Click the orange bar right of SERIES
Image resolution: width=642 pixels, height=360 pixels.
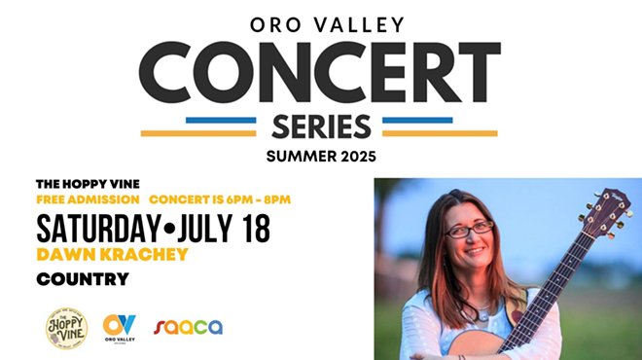click(x=440, y=132)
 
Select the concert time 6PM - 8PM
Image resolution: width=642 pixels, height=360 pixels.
click(x=258, y=199)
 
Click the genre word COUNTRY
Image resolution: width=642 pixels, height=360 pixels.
click(x=83, y=280)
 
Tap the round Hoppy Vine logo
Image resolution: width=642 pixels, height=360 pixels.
click(x=66, y=327)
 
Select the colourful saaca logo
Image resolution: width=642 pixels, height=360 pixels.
click(x=189, y=327)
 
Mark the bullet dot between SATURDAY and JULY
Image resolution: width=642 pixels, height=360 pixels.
click(x=169, y=231)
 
